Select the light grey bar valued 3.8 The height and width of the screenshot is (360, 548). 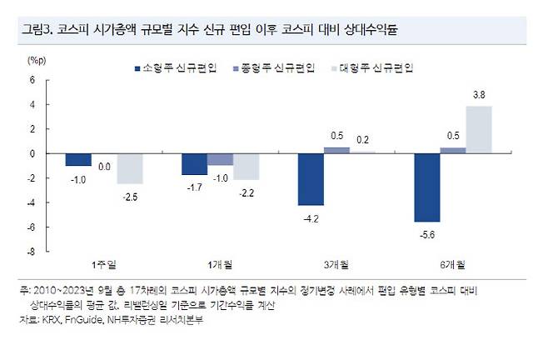coord(479,130)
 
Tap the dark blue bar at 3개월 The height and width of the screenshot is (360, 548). coord(312,179)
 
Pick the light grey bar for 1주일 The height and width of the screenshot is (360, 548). coord(129,168)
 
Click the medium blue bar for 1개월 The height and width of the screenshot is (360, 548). coord(221,159)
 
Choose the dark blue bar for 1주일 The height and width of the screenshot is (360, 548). coord(78,159)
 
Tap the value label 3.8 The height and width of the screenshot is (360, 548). coord(479,97)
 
